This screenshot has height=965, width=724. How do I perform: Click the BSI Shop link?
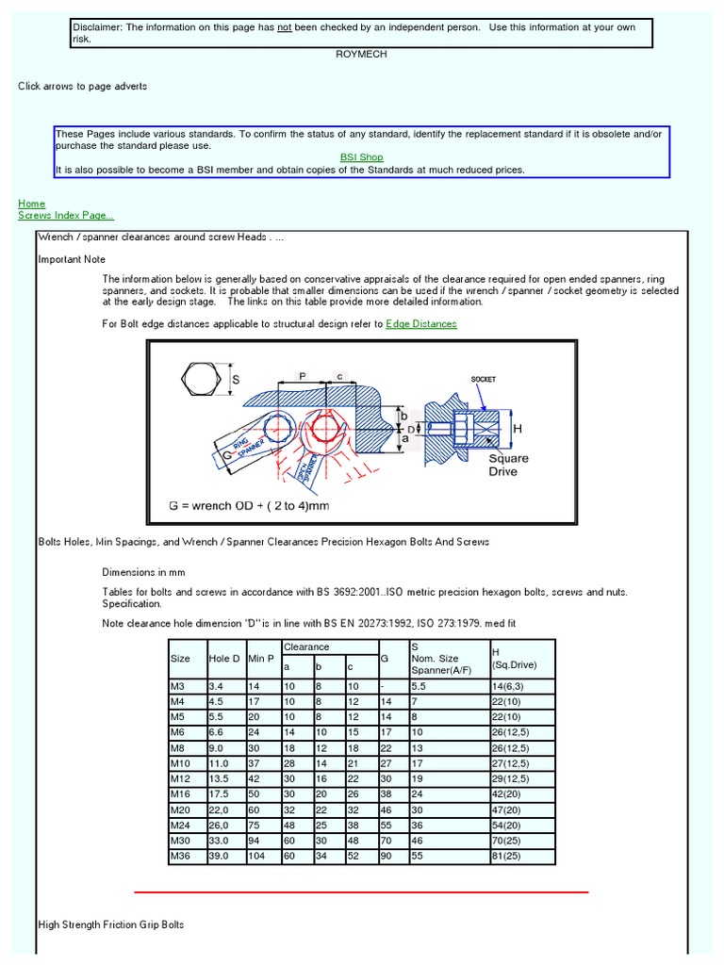pyautogui.click(x=361, y=157)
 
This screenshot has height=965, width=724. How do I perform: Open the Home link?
pyautogui.click(x=31, y=204)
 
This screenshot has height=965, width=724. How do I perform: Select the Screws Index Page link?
pyautogui.click(x=66, y=216)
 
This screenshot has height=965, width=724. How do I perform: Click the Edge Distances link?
pyautogui.click(x=421, y=324)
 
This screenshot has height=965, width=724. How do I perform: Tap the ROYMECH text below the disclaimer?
pyautogui.click(x=361, y=55)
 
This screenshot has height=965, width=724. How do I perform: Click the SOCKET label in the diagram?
pyautogui.click(x=483, y=379)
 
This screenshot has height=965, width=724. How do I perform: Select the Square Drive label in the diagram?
pyautogui.click(x=508, y=466)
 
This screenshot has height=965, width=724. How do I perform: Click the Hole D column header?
pyautogui.click(x=224, y=658)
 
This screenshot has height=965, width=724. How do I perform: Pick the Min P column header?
pyautogui.click(x=261, y=658)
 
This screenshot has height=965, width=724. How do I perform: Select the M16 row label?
pyautogui.click(x=180, y=793)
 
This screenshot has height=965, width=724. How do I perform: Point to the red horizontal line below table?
pyautogui.click(x=361, y=891)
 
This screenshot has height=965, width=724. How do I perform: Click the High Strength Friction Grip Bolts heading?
pyautogui.click(x=110, y=925)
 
